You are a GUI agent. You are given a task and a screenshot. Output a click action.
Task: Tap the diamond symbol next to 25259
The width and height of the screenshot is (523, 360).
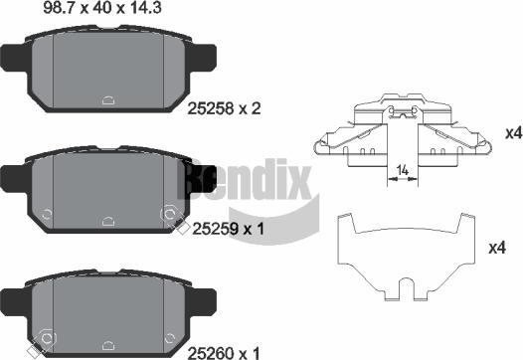[180, 231]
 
